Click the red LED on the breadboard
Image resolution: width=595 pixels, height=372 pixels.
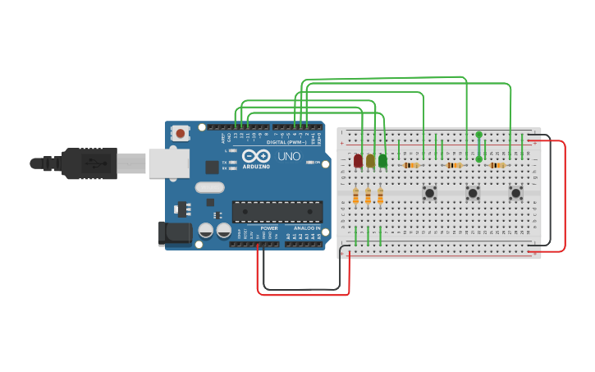pos(358,160)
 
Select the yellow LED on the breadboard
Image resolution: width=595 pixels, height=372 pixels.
pos(370,160)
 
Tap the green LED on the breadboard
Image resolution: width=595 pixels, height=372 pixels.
pos(382,160)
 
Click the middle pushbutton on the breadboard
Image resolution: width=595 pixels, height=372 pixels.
pos(473,193)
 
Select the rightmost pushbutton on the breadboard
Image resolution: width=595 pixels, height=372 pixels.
pos(516,193)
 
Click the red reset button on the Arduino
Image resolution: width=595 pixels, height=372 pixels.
pos(180,131)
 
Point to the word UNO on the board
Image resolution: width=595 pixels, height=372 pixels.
pos(289,156)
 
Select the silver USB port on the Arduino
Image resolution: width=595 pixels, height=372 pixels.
pos(168,163)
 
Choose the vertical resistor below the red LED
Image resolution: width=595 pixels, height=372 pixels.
pos(355,195)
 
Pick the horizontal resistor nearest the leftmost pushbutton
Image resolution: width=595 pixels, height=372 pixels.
pos(410,165)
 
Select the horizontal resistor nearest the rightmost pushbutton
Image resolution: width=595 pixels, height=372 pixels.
pos(497,165)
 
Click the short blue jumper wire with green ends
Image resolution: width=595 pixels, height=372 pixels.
pos(478,146)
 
